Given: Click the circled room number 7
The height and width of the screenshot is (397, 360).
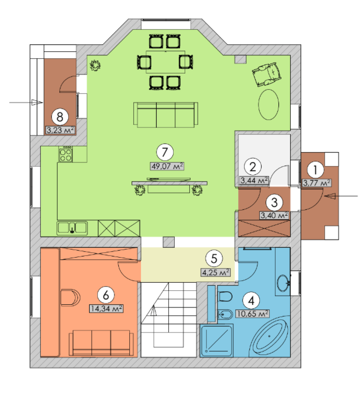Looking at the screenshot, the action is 165,152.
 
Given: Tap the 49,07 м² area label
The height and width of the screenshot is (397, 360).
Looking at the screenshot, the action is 167,166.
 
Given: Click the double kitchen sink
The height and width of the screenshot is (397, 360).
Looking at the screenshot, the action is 72,228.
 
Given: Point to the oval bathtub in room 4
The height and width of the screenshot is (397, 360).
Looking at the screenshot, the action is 269,336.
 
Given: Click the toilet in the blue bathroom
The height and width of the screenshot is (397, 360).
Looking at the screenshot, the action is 225,296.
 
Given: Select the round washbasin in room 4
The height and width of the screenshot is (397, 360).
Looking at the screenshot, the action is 282,283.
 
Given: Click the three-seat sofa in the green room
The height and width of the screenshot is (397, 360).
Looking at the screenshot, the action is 166,115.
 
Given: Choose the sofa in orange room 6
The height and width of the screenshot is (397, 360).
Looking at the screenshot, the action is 101,343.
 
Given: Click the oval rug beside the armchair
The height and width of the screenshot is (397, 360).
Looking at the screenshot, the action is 268,104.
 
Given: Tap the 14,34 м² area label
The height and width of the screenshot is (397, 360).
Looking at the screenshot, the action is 106,309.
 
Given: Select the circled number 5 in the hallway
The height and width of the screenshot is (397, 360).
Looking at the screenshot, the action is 214,259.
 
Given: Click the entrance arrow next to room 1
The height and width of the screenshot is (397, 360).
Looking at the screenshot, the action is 341,196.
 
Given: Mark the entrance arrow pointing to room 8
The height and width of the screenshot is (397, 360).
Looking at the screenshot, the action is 26,102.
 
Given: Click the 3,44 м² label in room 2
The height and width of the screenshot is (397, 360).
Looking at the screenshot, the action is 254,180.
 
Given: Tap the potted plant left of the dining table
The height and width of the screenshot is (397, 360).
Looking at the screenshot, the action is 95,65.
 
